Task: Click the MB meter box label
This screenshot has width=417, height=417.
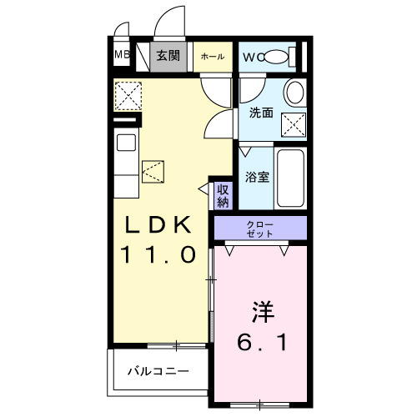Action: [121, 56]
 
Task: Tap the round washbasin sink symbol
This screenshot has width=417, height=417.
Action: [294, 92]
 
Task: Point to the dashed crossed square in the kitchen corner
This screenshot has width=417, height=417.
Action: [128, 97]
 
